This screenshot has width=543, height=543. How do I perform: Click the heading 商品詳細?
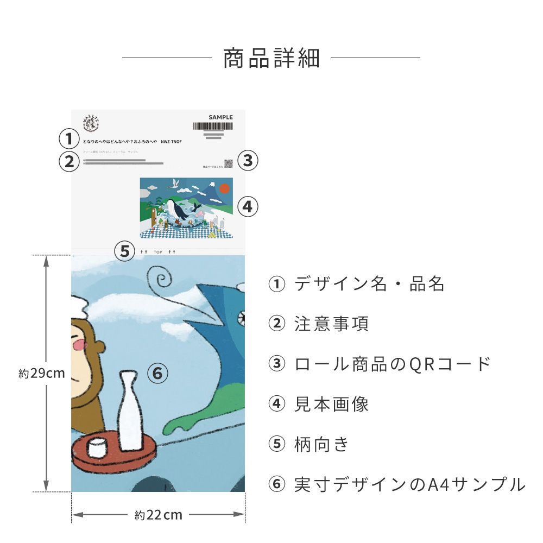271,58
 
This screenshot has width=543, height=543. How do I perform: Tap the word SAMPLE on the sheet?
220,117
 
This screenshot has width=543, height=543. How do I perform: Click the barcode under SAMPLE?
213,126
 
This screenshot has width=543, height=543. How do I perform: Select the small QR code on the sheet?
229,163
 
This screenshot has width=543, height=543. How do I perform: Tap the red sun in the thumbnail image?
224,188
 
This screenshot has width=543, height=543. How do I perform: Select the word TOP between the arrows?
158,252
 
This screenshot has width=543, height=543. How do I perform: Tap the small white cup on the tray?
97,448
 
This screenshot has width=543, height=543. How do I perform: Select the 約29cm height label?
42,373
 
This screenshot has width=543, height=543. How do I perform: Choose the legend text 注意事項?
332,324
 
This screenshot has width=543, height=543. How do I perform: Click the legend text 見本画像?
332,405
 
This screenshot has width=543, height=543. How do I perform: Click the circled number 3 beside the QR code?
248,160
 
